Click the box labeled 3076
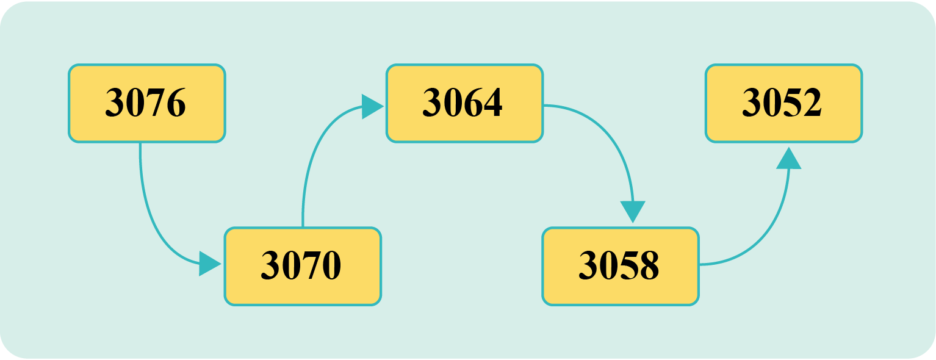coord(146,103)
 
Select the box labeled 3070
coord(303,266)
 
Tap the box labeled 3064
coord(464,103)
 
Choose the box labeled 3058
coord(621,266)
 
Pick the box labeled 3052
coord(783,103)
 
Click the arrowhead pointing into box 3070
coord(209,264)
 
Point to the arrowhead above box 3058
coord(633,211)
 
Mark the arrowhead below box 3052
coord(788,159)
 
